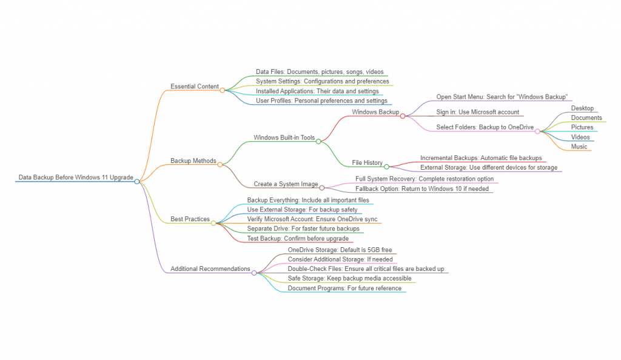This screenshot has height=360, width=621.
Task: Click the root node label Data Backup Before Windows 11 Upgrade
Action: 76,178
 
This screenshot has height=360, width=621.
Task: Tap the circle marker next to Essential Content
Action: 223,90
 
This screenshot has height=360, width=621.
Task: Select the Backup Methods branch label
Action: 193,161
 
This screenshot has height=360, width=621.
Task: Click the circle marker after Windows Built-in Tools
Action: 318,141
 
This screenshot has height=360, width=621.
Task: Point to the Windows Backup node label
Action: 375,112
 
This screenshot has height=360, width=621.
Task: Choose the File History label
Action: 367,162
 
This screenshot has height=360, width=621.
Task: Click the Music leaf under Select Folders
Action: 579,147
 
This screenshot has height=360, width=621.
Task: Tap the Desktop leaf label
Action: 582,108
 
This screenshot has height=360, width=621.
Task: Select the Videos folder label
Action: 580,137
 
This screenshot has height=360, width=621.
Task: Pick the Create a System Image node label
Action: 285,184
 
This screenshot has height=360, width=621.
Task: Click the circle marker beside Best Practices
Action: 213,223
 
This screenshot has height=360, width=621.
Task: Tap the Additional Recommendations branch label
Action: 210,268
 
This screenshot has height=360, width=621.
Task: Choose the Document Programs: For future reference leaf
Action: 344,288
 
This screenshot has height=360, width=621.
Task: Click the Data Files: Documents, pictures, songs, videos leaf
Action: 320,72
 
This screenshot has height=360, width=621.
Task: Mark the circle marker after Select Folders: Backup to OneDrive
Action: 537,132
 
